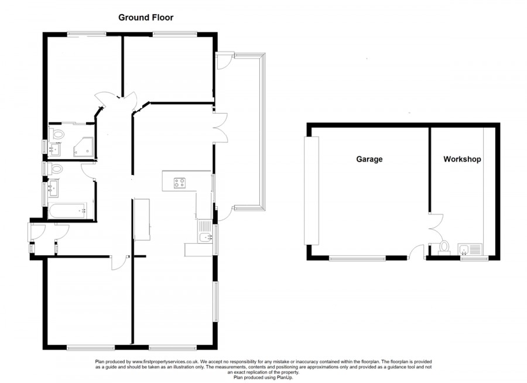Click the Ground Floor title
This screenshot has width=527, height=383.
pyautogui.click(x=146, y=18)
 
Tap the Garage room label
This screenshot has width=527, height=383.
pyautogui.click(x=369, y=159)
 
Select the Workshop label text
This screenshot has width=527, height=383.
pyautogui.click(x=462, y=159)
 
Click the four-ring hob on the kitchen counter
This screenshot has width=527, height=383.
pyautogui.click(x=180, y=183)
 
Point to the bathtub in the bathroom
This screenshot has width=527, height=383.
pyautogui.click(x=67, y=211)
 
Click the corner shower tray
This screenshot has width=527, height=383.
pyautogui.click(x=83, y=146)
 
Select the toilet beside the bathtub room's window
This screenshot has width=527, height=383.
pyautogui.click(x=55, y=169)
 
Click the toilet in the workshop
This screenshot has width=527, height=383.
pyautogui.click(x=444, y=247)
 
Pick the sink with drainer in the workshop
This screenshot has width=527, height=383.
pyautogui.click(x=470, y=249)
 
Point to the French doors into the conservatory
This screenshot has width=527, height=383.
pyautogui.click(x=220, y=128)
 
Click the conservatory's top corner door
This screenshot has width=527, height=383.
pyautogui.click(x=225, y=60)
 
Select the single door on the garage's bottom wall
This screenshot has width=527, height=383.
pyautogui.click(x=416, y=252)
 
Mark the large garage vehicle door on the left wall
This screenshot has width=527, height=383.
pyautogui.click(x=312, y=191)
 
